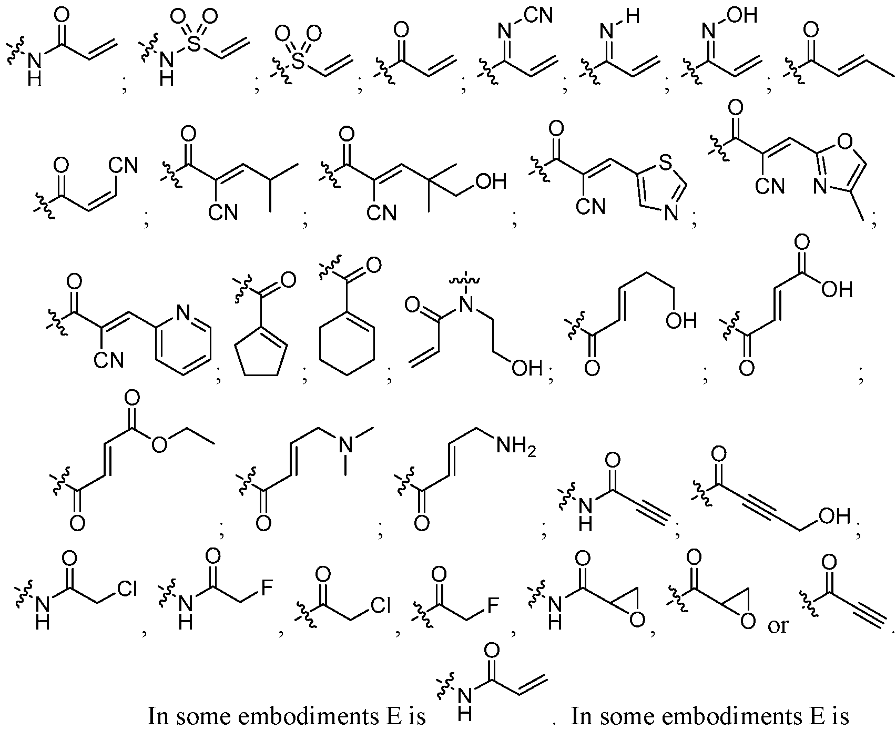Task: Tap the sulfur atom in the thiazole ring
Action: pyautogui.click(x=666, y=163)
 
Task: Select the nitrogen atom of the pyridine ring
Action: pyautogui.click(x=184, y=313)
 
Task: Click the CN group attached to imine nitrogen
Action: pyautogui.click(x=538, y=15)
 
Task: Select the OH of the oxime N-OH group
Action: pyautogui.click(x=744, y=16)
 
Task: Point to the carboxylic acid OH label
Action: pyautogui.click(x=837, y=288)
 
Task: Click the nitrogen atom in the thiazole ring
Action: pyautogui.click(x=670, y=214)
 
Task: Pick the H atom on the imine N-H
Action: pyautogui.click(x=633, y=16)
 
